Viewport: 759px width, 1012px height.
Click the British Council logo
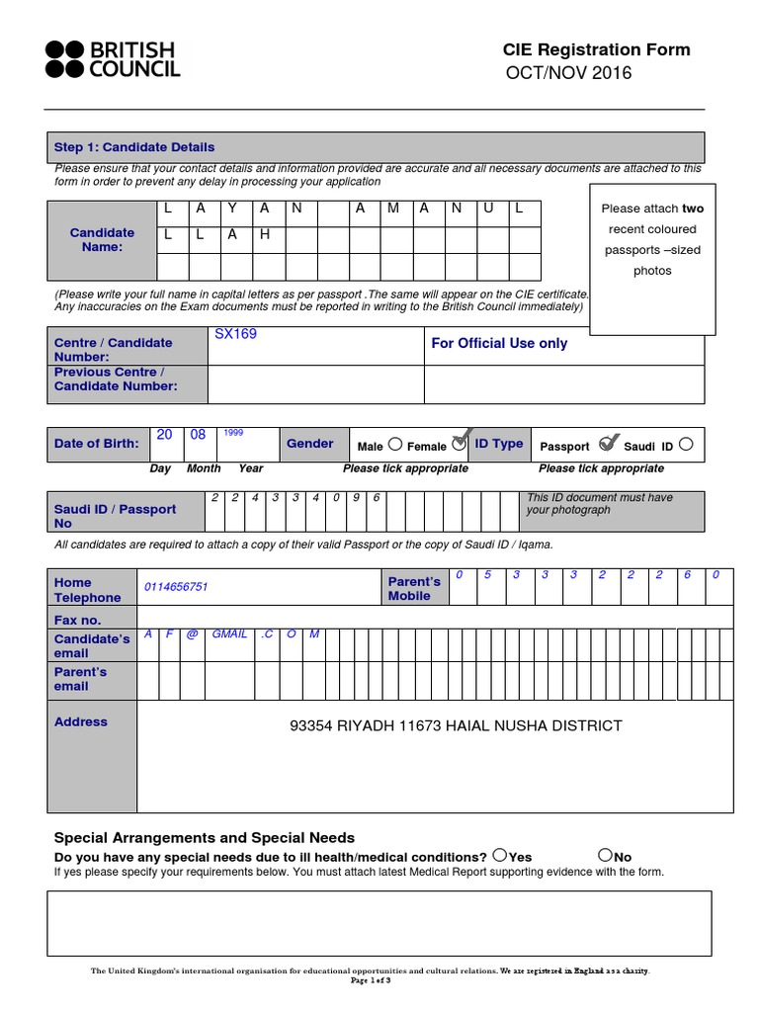coord(112,59)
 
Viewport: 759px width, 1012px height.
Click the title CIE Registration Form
coord(596,50)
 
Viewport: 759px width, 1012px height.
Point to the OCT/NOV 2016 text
coord(568,74)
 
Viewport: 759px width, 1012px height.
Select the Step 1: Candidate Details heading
coord(134,147)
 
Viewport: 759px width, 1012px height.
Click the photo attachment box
coord(651,257)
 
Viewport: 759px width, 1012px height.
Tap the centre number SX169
coord(235,334)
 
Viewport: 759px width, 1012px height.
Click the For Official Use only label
coord(499,344)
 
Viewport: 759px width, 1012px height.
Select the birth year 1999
coord(233,433)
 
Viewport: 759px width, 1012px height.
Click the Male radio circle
coord(395,444)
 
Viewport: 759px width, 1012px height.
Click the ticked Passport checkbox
coord(609,443)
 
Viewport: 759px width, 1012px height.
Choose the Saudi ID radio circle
coord(687,445)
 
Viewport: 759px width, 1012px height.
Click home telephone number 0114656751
coord(176,587)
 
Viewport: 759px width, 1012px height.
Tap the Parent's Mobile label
coord(414,589)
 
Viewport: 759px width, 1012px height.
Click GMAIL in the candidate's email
coord(229,633)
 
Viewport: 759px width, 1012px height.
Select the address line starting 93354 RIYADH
coord(456,726)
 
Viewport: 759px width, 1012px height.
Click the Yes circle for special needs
coord(500,855)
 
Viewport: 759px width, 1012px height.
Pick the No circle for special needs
coord(605,855)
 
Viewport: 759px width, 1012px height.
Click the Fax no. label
coord(78,621)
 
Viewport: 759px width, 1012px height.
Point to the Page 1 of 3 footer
coord(371,980)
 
